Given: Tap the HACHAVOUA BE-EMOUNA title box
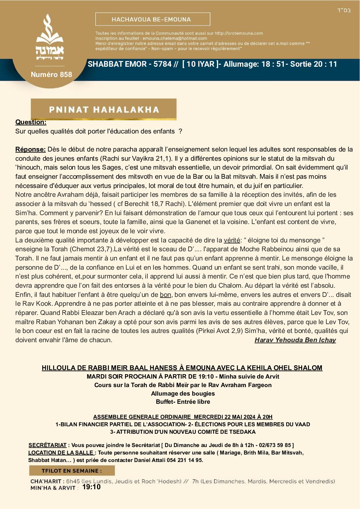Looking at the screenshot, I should click(x=152, y=19).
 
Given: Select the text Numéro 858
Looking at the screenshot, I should click(x=51, y=75).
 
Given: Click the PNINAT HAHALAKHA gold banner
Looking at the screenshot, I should click(x=104, y=109).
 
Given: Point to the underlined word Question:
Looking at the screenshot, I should click(x=31, y=122).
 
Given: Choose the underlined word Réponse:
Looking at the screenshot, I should click(x=30, y=149).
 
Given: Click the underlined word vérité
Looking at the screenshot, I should click(x=232, y=240).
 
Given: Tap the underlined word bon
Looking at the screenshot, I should click(x=165, y=295).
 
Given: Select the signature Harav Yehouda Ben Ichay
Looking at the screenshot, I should click(x=295, y=340).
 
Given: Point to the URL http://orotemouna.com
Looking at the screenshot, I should click(x=239, y=33).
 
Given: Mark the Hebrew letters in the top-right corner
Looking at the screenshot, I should click(x=344, y=11).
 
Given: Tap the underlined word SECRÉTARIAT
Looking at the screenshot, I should click(x=47, y=445).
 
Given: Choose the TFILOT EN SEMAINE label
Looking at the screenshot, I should click(x=71, y=471).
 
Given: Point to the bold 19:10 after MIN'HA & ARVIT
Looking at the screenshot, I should click(x=92, y=487).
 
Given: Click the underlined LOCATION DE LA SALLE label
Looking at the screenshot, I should click(x=61, y=453).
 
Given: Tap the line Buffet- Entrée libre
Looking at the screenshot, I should click(x=183, y=402).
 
